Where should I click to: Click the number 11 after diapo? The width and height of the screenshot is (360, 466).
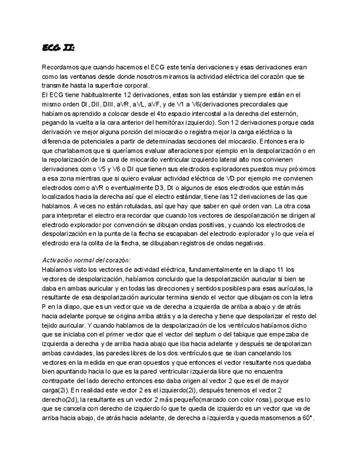coord(291,269)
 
